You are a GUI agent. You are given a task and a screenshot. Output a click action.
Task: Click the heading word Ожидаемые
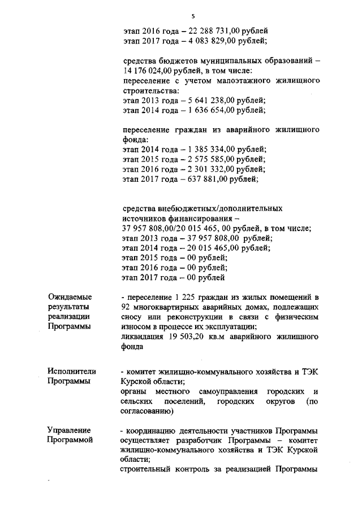pos(70,297)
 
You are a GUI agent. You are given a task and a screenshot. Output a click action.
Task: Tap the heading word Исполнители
pos(72,372)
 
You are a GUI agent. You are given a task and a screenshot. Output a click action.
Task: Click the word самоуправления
pos(229,392)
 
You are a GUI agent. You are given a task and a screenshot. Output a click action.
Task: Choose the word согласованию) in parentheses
pos(147,412)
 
